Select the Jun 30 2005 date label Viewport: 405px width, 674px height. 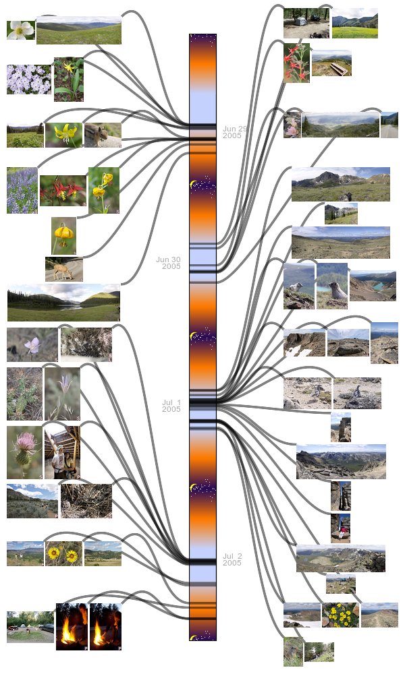(169, 263)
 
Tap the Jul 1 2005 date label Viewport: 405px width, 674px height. (171, 406)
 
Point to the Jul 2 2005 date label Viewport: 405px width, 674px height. (232, 559)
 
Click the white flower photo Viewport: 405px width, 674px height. (20, 30)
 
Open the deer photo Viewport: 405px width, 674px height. (63, 269)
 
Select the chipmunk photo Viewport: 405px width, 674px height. (103, 135)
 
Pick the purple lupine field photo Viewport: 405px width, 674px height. (22, 191)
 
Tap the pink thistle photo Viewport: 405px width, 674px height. (24, 452)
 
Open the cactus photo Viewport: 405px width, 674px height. (24, 394)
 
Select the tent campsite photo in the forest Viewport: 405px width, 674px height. (306, 23)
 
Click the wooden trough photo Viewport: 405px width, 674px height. (331, 63)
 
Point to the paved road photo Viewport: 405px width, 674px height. (389, 125)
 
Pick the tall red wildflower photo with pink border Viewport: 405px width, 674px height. (296, 63)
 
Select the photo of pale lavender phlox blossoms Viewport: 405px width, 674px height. (28, 80)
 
